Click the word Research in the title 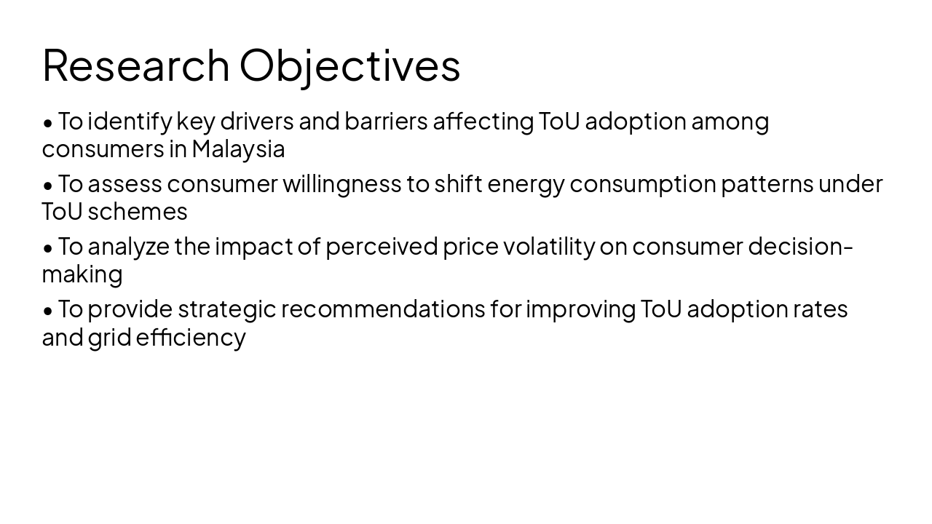(x=136, y=65)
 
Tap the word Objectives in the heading (x=349, y=65)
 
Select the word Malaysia (x=238, y=149)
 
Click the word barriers (x=386, y=122)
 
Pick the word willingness (x=341, y=184)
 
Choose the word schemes (x=137, y=212)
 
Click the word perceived (x=382, y=247)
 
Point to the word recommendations (x=383, y=309)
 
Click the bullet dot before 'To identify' (x=48, y=122)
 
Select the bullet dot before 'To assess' (x=48, y=185)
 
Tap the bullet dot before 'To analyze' (x=48, y=247)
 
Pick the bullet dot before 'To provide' (x=48, y=310)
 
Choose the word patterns (x=767, y=185)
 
